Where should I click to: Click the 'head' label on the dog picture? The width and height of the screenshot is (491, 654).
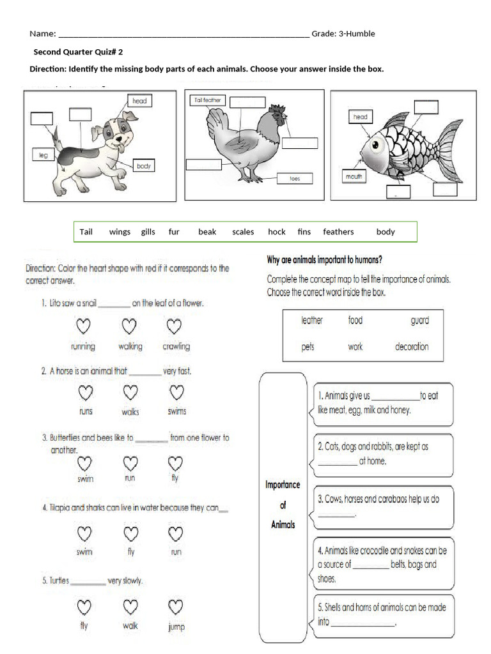139,101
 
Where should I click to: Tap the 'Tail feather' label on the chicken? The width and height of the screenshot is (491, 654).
207,100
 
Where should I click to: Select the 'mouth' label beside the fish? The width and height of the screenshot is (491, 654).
354,176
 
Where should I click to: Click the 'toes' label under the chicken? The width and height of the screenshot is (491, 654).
294,179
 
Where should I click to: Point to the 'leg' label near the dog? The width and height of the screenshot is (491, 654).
43,155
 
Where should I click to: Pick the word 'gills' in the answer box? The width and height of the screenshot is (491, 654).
148,232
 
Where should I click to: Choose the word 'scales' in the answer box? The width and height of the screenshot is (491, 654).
243,232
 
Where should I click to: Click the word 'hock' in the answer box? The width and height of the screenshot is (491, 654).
276,232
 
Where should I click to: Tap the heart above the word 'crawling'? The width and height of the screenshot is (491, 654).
174,327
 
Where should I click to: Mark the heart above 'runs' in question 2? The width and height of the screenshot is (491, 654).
85,392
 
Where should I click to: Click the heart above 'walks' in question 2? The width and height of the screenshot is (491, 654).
130,392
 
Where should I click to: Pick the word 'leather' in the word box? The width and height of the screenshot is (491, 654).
312,321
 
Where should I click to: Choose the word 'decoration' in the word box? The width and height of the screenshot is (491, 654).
412,347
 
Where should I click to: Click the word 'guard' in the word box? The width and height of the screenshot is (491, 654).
419,321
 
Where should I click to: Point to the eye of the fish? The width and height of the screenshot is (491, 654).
373,149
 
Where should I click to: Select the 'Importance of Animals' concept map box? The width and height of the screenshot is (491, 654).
282,505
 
